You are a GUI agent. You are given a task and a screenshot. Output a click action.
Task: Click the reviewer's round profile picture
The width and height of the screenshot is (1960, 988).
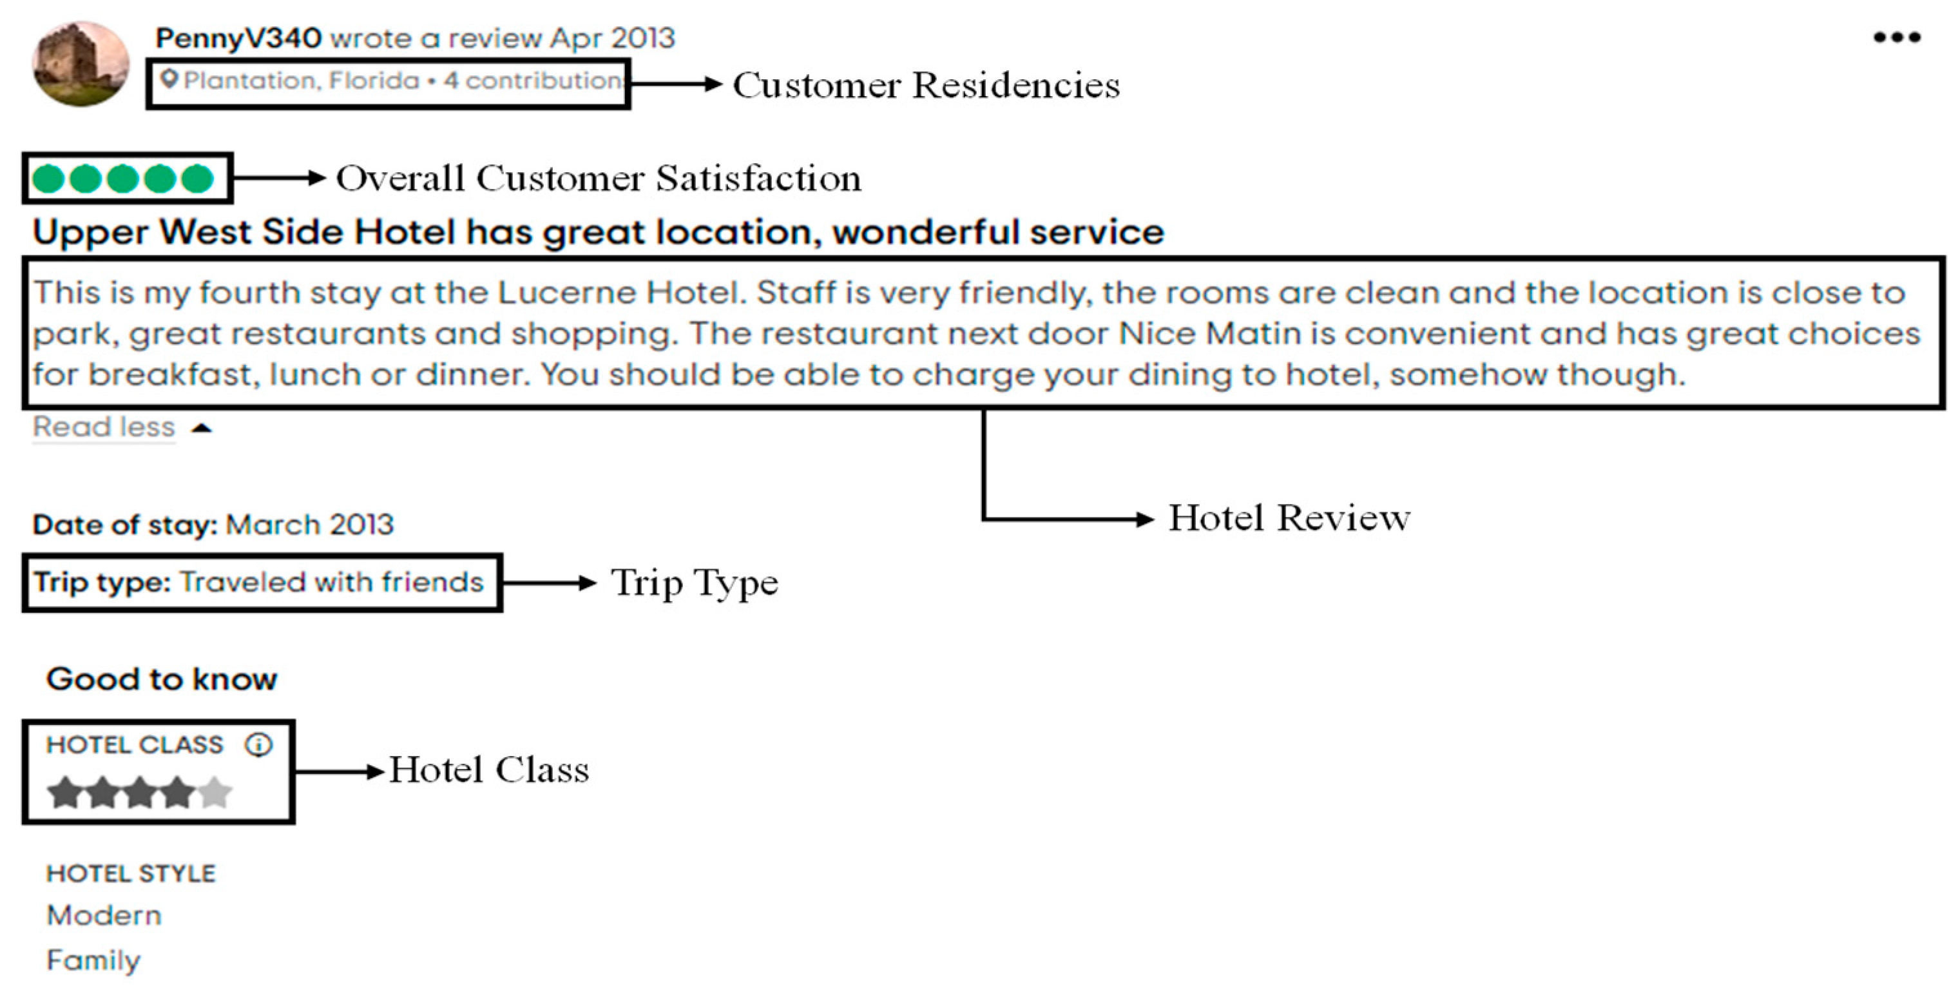81,64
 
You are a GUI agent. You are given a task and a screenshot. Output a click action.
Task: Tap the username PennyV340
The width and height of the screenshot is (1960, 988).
238,38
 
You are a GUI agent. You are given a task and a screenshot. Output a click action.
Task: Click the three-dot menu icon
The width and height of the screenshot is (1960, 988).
1896,37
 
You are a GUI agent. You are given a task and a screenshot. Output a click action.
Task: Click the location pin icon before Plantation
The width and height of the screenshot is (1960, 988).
169,79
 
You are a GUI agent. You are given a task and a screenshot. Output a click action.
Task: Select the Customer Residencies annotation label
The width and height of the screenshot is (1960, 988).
925,85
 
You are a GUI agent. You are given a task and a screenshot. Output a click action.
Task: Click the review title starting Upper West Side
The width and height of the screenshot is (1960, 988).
597,232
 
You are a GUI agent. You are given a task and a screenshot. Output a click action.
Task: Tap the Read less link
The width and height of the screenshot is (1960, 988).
104,427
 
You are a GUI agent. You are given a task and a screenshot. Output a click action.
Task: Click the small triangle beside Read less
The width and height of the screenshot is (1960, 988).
202,429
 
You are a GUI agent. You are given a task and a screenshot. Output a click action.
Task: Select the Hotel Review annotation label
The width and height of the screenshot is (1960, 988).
1289,518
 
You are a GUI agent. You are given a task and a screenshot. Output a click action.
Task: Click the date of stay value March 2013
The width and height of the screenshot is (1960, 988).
310,525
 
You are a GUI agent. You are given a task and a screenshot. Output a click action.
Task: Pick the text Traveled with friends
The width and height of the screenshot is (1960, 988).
332,583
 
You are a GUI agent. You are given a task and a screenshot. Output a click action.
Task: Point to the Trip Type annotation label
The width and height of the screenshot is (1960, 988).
694,584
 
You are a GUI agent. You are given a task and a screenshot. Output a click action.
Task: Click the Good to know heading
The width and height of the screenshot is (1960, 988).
161,679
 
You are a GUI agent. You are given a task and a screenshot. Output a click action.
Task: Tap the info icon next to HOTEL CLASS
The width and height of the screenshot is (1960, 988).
258,744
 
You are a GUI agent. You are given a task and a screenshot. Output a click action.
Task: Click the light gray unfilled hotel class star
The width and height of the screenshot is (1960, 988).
215,792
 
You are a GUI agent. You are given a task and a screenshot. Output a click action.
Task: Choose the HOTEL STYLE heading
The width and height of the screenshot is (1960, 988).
131,873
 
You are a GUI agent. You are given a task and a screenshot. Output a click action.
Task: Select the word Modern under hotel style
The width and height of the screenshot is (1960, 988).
104,915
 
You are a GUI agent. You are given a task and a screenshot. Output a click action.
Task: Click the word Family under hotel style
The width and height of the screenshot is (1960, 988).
93,960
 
